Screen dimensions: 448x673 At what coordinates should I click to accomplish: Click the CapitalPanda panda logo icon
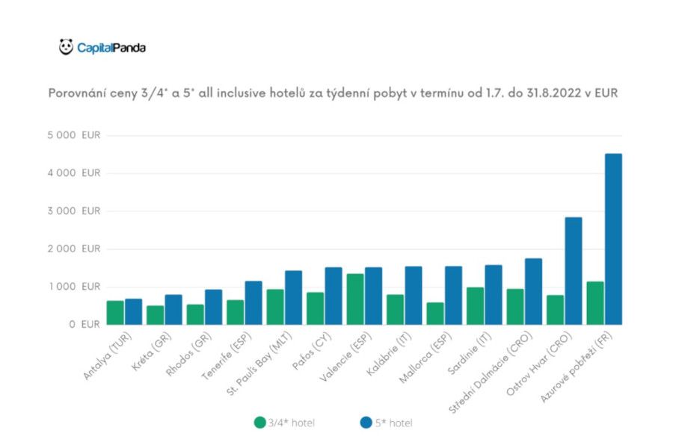(x=66, y=47)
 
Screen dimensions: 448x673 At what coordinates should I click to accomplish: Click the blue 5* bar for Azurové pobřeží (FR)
(x=612, y=239)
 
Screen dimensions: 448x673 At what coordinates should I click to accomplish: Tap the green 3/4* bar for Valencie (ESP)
(x=354, y=299)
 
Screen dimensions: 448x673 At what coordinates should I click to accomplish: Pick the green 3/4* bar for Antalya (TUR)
(x=115, y=312)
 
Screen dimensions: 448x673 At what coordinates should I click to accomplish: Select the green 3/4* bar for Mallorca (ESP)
(x=434, y=313)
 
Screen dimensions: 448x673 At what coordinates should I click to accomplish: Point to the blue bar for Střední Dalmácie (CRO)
(x=533, y=291)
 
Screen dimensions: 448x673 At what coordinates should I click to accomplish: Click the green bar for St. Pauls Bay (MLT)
(x=274, y=306)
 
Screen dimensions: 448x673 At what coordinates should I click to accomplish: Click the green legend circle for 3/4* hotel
(x=259, y=422)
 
